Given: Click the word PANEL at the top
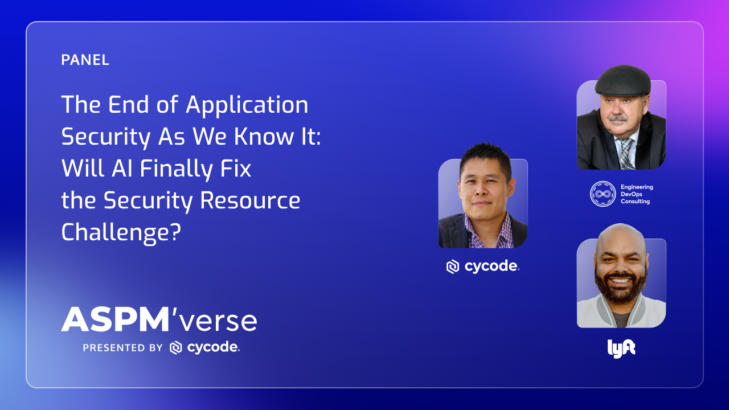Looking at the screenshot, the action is click(x=85, y=60).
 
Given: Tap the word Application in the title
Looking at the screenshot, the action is click(x=247, y=105).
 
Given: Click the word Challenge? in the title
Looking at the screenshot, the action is click(x=121, y=232).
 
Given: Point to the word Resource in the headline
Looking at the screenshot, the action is click(x=250, y=200).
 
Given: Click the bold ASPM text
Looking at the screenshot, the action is click(x=115, y=319).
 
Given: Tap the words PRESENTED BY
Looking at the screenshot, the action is click(x=122, y=348).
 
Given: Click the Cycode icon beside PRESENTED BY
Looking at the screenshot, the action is click(x=176, y=348).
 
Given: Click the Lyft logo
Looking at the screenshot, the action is click(x=621, y=348).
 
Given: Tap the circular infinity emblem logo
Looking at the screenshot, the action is click(x=603, y=194).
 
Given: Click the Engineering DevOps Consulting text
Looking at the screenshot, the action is click(x=637, y=194).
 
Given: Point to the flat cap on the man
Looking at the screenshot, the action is click(x=623, y=80).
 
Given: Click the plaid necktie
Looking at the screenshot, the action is click(x=626, y=154).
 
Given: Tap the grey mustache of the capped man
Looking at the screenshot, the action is click(x=617, y=118).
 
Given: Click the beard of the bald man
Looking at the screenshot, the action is click(x=621, y=288).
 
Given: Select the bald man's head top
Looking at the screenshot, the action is click(x=621, y=235).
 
